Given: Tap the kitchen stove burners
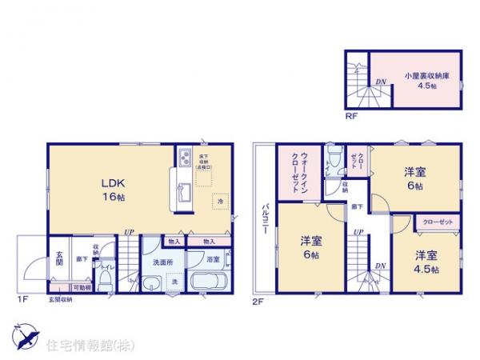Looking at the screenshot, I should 183,158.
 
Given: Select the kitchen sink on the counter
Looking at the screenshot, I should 183,192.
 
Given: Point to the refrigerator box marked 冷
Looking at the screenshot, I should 219,202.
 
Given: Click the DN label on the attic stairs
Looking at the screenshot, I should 382,81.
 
